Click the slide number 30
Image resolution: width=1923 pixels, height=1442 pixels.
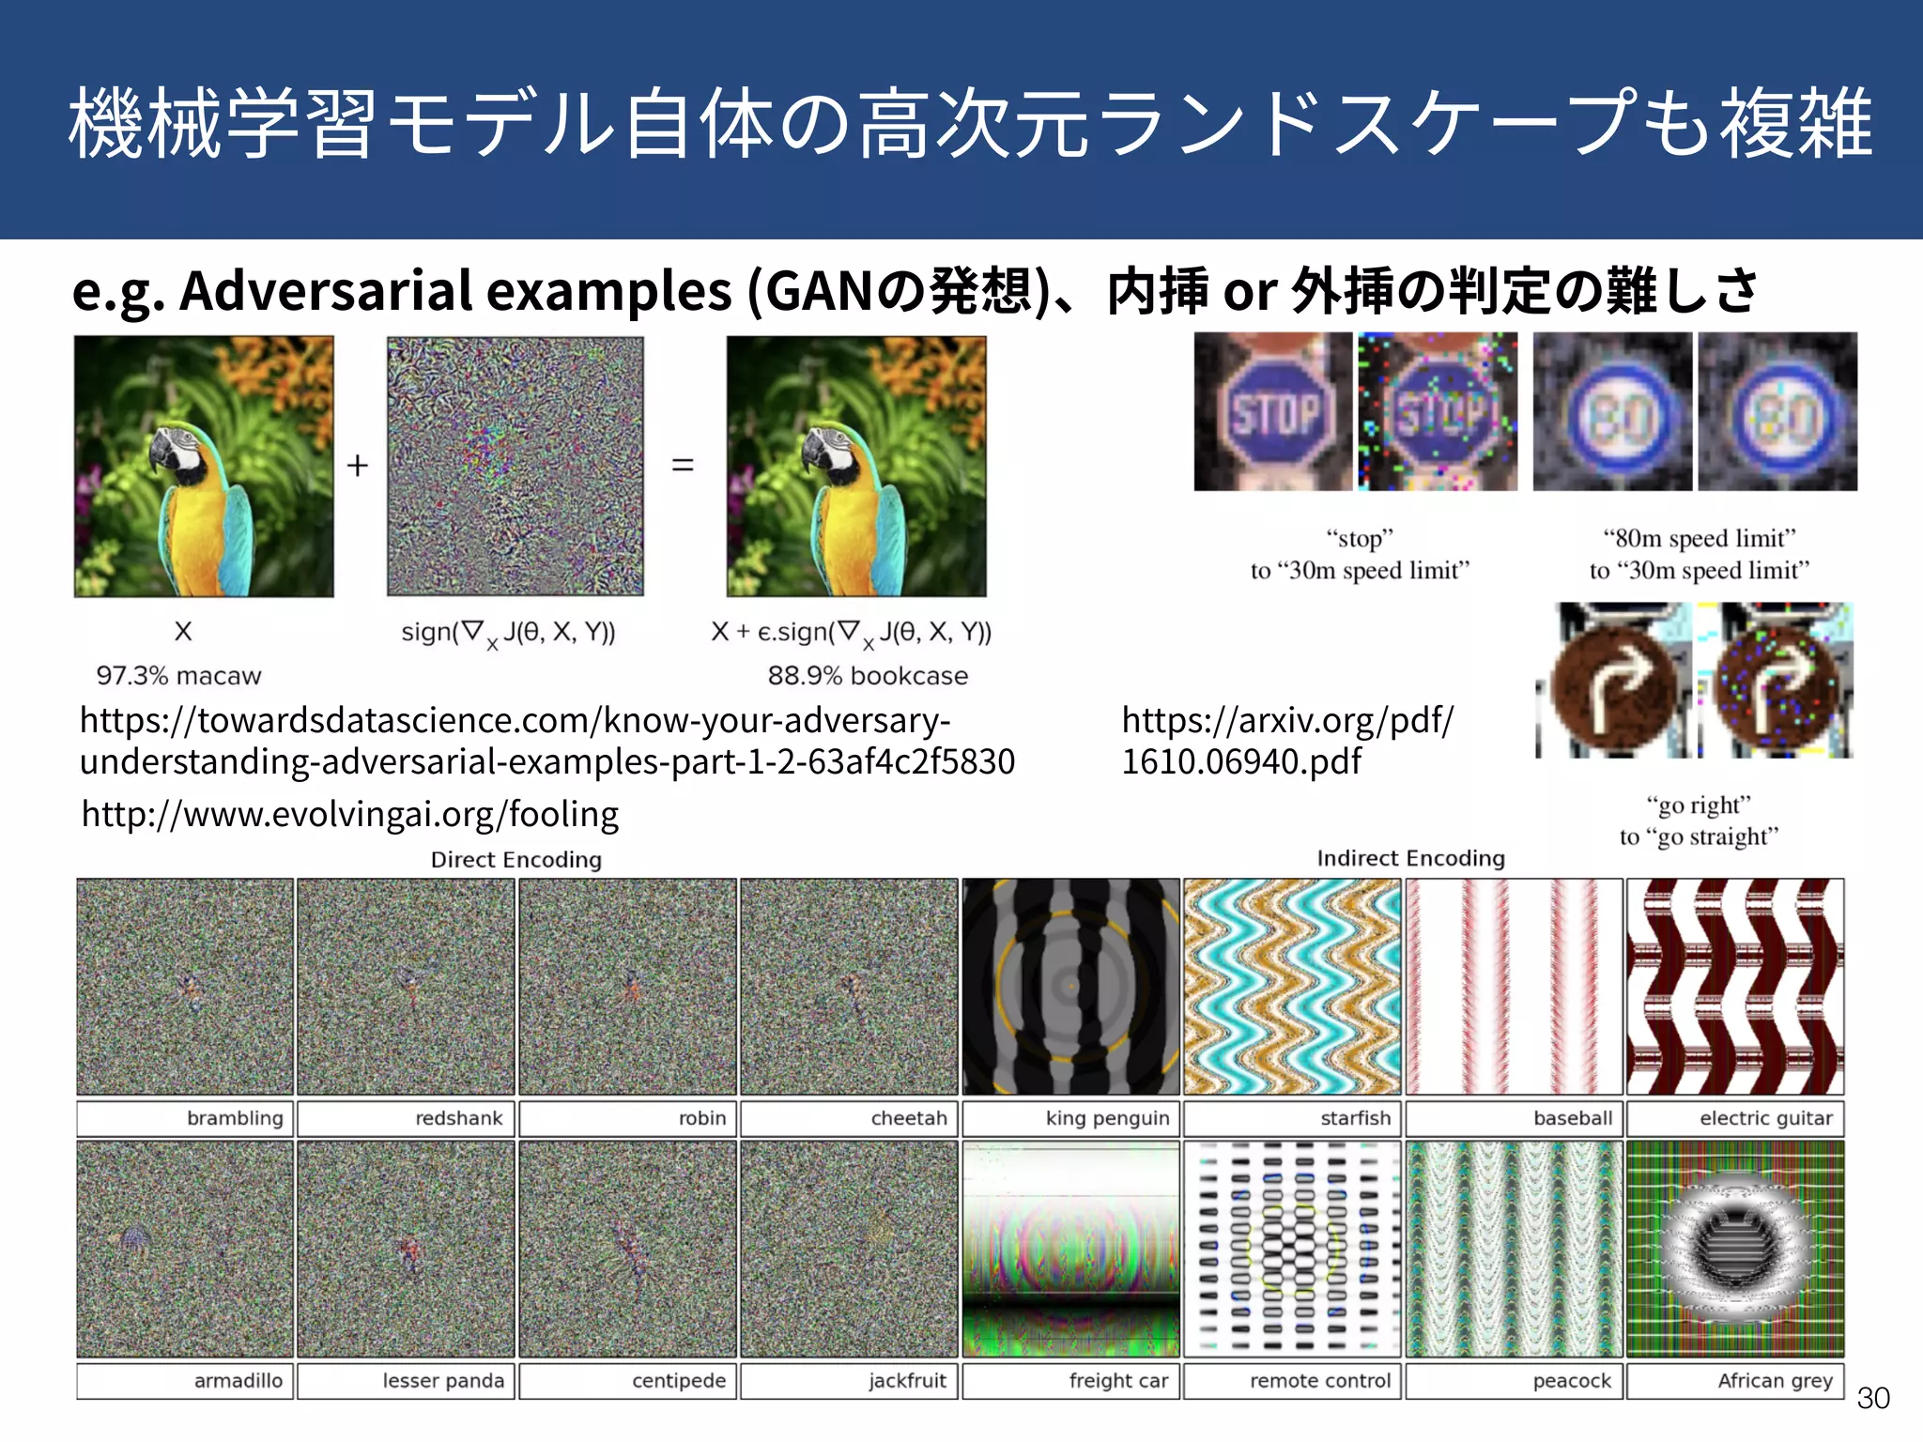click(1872, 1399)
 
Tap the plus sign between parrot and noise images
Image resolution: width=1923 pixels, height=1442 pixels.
click(358, 466)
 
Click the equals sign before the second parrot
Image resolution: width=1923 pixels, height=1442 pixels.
click(683, 466)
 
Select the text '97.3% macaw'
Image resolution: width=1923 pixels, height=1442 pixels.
click(178, 676)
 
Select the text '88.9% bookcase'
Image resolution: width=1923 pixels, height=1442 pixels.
click(868, 676)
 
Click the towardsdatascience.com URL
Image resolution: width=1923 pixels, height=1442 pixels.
click(546, 741)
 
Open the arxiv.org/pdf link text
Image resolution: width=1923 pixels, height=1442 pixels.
click(1286, 741)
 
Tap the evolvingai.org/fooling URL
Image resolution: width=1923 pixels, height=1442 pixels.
click(349, 814)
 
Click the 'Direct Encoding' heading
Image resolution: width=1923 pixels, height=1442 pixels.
click(515, 860)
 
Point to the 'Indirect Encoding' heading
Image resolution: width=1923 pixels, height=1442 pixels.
click(1410, 858)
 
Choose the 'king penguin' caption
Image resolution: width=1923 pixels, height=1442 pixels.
click(1107, 1118)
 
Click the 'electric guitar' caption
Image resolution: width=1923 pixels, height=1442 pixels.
click(1765, 1118)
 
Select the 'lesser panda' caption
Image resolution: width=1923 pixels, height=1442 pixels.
click(443, 1381)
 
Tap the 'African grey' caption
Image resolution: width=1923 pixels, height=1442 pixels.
click(1775, 1381)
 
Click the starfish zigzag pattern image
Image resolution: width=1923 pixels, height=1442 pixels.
click(1292, 986)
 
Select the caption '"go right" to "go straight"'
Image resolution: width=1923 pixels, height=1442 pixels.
click(1699, 821)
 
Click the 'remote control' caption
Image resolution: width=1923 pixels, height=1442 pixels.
click(1319, 1381)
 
